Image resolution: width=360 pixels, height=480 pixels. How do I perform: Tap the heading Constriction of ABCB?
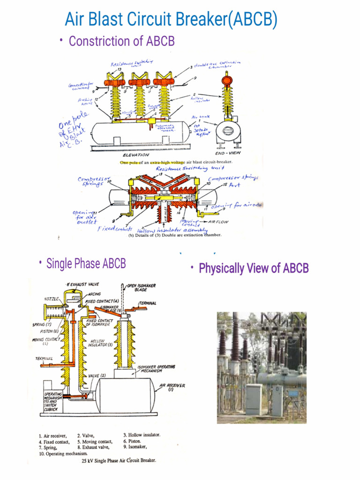[x=121, y=41]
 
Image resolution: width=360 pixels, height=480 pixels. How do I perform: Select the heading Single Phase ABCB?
[x=86, y=263]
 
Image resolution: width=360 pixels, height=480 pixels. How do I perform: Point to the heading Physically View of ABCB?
[x=254, y=269]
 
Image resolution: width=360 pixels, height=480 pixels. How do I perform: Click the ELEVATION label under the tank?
[x=136, y=155]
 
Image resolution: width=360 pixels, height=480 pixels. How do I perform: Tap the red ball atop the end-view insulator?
[x=227, y=80]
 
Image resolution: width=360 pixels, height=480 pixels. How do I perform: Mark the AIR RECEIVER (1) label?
[x=172, y=387]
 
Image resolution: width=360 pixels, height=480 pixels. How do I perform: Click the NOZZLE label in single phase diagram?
[x=51, y=298]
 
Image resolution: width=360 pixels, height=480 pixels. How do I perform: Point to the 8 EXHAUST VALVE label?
[x=82, y=285]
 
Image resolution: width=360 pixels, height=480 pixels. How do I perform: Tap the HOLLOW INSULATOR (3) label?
[x=100, y=343]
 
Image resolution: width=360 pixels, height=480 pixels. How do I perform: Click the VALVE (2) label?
[x=97, y=375]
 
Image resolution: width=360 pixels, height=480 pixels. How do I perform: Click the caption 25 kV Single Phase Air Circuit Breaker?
[x=119, y=460]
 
